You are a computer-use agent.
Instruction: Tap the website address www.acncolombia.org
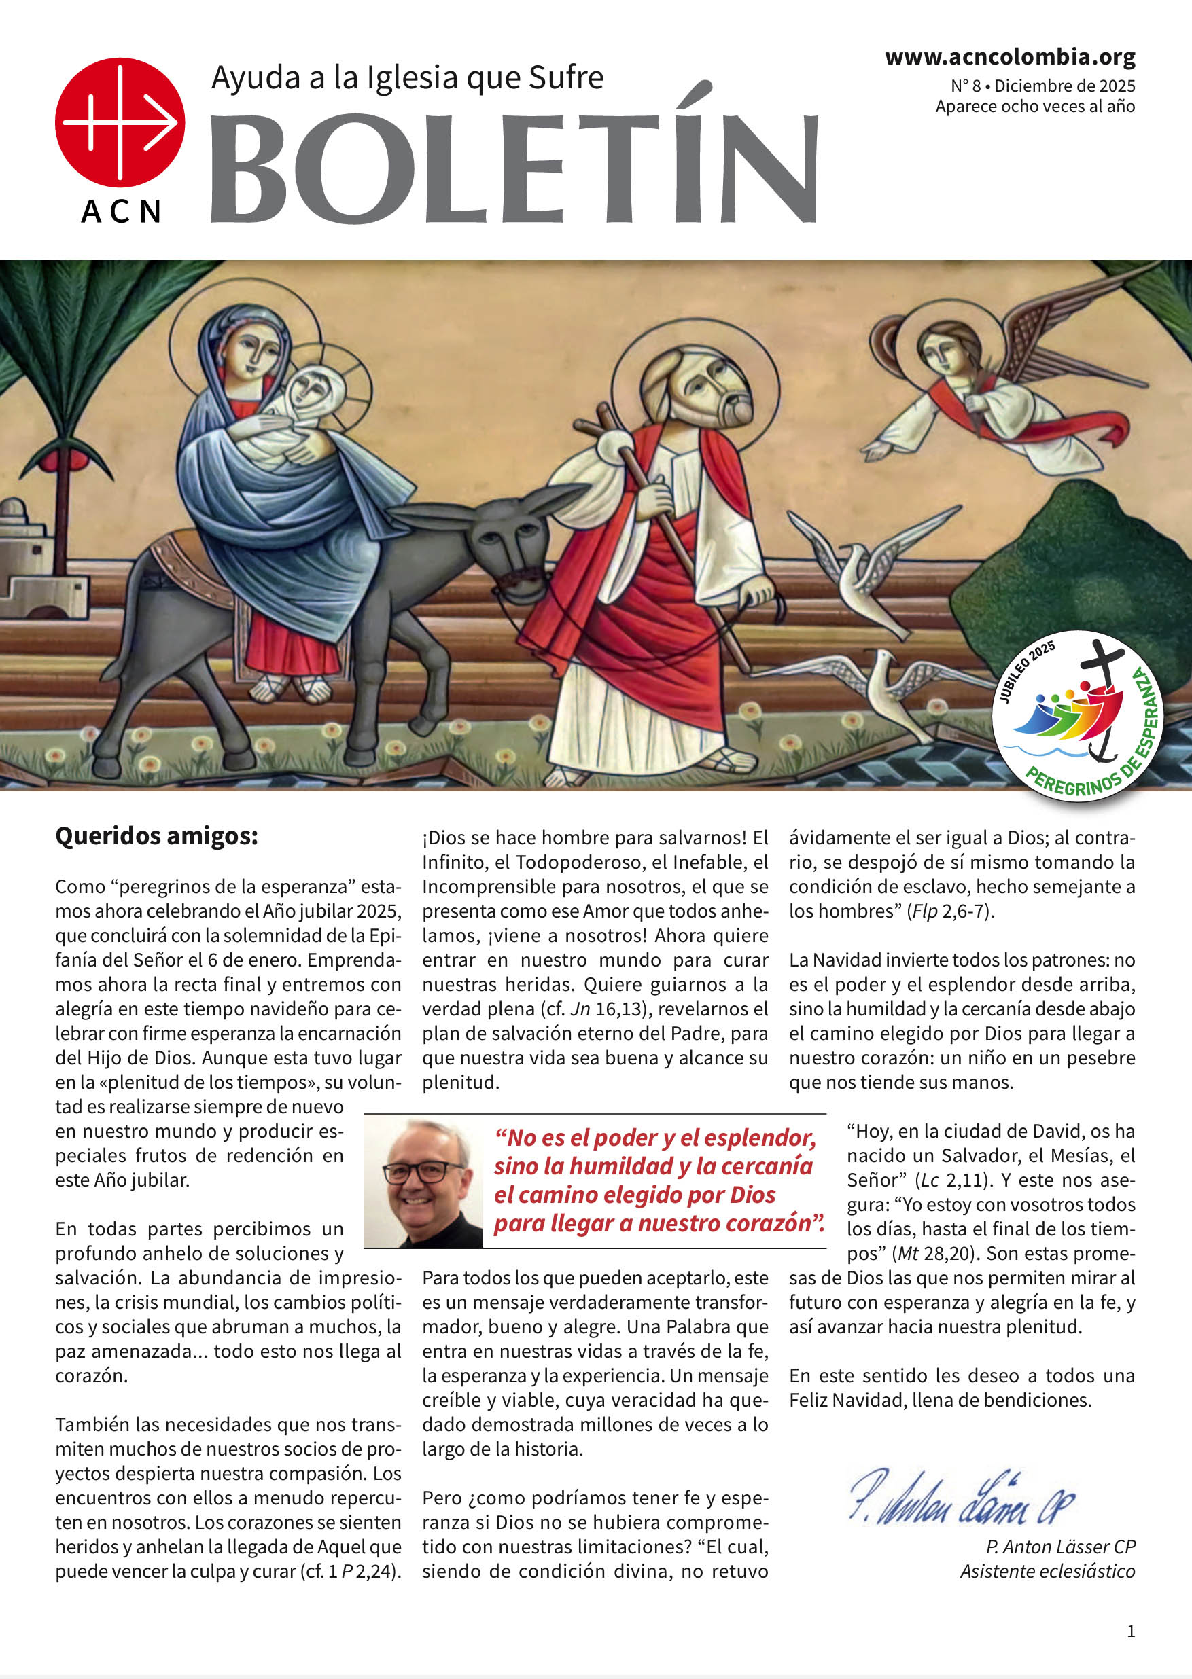point(1009,56)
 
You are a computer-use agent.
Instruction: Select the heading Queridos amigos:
point(156,836)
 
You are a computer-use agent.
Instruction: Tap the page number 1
point(1130,1631)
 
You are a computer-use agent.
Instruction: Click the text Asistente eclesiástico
point(1047,1571)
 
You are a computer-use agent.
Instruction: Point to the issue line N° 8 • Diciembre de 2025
point(1042,86)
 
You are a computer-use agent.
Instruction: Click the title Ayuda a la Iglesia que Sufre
point(407,77)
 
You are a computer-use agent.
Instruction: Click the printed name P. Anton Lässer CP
point(1060,1547)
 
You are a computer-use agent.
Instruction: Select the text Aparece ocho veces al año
point(1035,107)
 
